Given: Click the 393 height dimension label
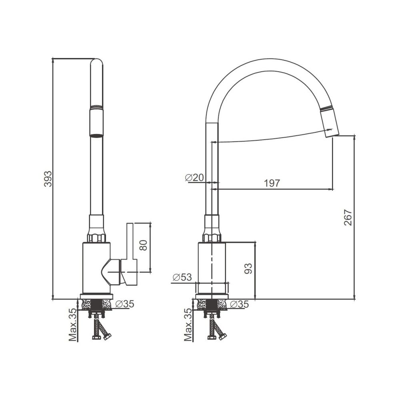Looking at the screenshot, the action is click(48, 178).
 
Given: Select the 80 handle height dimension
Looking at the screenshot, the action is click(144, 245).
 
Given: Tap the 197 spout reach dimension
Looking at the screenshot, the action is click(272, 183).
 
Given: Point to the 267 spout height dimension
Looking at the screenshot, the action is click(348, 217).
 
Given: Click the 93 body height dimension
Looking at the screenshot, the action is click(248, 268).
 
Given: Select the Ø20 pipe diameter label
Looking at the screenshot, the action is click(195, 178).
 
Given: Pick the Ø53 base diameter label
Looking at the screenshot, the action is click(182, 277).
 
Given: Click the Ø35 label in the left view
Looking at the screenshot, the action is click(125, 304).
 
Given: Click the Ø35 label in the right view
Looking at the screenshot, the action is click(239, 304).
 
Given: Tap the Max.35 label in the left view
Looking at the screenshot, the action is click(73, 325).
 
